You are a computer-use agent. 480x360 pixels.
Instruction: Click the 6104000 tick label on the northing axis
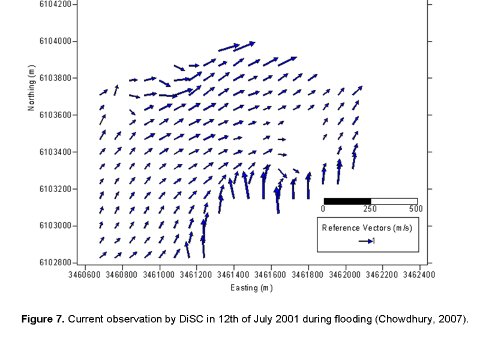click(55, 41)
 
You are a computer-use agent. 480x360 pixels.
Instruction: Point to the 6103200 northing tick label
click(55, 189)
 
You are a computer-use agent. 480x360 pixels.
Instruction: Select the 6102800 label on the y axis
click(55, 263)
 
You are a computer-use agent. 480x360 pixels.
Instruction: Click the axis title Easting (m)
click(252, 288)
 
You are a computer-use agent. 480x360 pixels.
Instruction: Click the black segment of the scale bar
click(347, 201)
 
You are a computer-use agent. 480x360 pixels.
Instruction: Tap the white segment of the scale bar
click(394, 201)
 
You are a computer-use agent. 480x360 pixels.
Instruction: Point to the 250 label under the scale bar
click(370, 209)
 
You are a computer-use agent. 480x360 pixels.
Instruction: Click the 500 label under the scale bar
click(415, 209)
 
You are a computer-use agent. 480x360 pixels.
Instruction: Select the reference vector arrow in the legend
click(365, 241)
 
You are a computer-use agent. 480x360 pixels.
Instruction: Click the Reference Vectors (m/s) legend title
click(368, 227)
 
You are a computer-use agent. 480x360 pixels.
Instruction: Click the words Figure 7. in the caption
click(43, 319)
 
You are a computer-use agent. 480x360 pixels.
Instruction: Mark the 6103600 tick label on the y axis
click(55, 115)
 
